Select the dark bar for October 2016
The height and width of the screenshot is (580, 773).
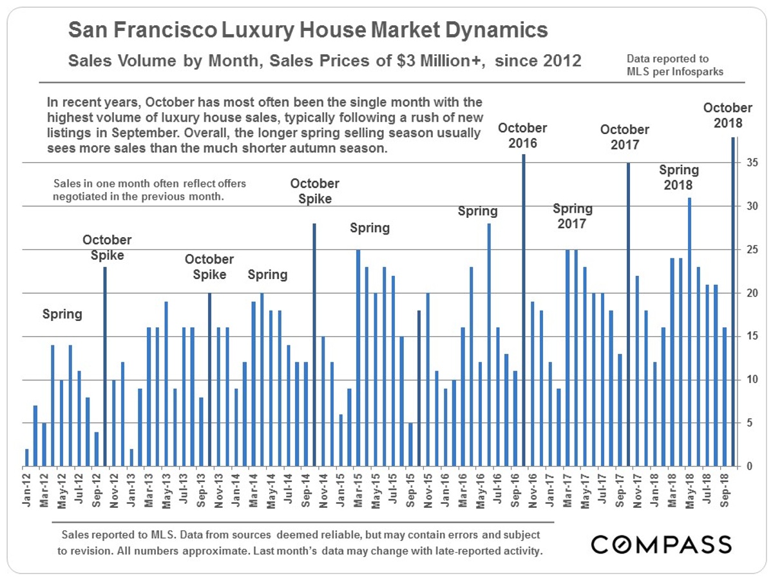[x=524, y=310]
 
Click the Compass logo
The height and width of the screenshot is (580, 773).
[x=661, y=545]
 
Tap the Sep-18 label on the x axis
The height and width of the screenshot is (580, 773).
[x=724, y=490]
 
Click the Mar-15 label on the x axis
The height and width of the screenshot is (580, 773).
[x=358, y=490]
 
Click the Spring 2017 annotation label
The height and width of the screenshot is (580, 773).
[x=573, y=217]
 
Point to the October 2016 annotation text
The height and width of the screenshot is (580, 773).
[x=522, y=135]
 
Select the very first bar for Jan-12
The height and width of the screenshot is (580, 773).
[x=27, y=458]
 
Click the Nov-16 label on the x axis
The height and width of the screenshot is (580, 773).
[x=533, y=490]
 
